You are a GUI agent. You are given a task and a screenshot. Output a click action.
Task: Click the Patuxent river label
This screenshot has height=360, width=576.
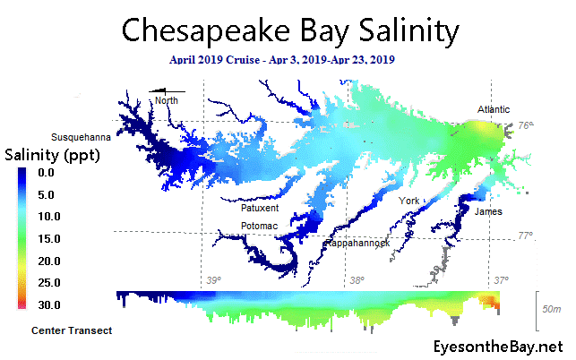pyautogui.click(x=260, y=208)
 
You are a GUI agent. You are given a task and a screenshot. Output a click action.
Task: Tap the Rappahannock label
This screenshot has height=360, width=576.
pyautogui.click(x=356, y=243)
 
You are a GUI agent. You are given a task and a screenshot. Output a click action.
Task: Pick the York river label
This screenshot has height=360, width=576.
pyautogui.click(x=409, y=201)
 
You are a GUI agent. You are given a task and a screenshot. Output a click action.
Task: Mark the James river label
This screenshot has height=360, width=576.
pyautogui.click(x=488, y=212)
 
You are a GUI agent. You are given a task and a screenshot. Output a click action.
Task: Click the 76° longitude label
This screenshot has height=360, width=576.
pyautogui.click(x=526, y=126)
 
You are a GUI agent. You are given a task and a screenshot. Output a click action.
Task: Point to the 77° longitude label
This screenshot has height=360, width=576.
pyautogui.click(x=526, y=236)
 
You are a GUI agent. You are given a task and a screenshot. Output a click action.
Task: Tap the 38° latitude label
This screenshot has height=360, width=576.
pyautogui.click(x=357, y=281)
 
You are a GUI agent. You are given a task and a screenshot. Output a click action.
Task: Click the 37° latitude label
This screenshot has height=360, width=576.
pyautogui.click(x=502, y=281)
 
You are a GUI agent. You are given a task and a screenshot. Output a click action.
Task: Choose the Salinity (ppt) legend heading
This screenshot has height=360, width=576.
pyautogui.click(x=52, y=156)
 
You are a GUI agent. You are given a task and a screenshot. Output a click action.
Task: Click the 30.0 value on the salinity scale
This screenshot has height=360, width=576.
pyautogui.click(x=47, y=305)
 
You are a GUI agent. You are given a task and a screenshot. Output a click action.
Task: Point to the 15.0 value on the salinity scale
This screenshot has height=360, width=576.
pyautogui.click(x=47, y=238)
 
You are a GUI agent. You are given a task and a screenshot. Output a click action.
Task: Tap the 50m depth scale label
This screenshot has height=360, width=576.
pyautogui.click(x=551, y=308)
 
